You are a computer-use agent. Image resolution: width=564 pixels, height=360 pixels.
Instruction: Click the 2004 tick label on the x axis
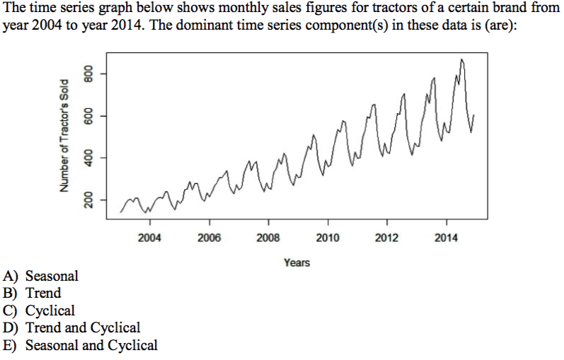tap(149, 238)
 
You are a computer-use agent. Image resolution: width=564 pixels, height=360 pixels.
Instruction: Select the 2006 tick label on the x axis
tap(209, 238)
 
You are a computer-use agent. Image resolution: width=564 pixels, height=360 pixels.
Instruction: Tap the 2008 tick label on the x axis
tap(268, 238)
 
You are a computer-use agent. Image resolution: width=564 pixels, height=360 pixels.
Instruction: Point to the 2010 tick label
tap(328, 238)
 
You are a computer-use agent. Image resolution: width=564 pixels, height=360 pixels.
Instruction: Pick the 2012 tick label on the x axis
tap(387, 238)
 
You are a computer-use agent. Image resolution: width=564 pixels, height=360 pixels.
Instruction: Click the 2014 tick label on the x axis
tap(447, 238)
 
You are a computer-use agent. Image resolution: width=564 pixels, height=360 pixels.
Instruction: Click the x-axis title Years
tap(297, 262)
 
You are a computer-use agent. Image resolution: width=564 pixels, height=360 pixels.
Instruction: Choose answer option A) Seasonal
tap(41, 276)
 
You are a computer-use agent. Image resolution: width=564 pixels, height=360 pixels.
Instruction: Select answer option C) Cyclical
tap(39, 310)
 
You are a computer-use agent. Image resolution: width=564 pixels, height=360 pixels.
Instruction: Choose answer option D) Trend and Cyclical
tap(71, 327)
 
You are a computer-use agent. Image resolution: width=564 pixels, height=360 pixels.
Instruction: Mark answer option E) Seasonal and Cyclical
tap(81, 345)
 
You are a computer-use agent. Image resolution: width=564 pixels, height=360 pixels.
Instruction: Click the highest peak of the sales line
tap(461, 60)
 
